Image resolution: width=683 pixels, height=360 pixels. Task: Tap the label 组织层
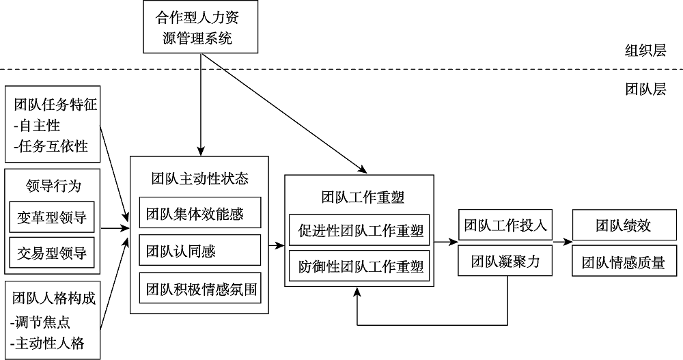645,51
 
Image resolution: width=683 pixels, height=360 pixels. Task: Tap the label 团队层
645,89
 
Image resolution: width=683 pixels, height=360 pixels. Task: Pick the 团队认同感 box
199,251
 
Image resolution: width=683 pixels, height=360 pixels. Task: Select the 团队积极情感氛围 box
199,289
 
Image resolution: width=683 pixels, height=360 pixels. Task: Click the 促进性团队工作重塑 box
360,230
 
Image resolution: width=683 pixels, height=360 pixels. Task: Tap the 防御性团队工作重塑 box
360,266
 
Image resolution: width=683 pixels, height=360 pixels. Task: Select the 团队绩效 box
623,225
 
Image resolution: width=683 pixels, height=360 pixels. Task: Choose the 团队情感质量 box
623,262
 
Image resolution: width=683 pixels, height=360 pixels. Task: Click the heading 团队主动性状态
199,179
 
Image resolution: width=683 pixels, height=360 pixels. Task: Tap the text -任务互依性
51,146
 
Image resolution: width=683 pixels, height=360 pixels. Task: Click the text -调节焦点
41,321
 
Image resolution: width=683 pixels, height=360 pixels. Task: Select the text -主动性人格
48,342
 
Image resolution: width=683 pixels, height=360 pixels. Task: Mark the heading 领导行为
52,186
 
